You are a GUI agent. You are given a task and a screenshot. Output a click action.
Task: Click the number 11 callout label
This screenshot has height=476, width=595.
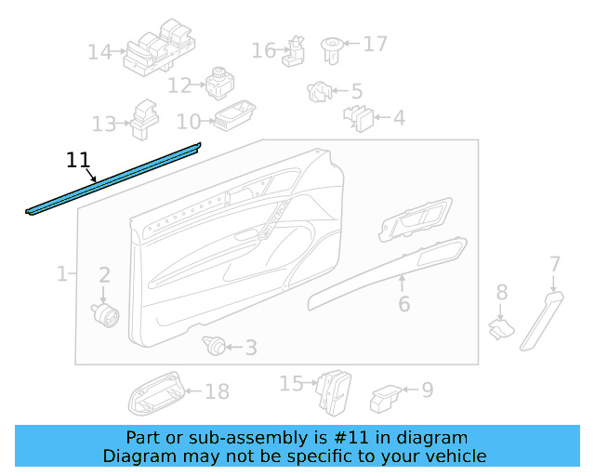[x=80, y=160]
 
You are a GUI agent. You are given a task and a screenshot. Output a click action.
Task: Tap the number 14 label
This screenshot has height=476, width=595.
[x=99, y=52]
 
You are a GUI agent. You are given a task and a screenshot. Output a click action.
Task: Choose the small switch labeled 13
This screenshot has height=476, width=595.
[x=143, y=115]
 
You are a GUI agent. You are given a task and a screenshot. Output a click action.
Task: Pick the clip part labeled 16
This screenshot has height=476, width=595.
[x=295, y=52]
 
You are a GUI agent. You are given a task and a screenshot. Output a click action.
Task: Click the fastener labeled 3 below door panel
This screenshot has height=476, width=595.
[x=216, y=348]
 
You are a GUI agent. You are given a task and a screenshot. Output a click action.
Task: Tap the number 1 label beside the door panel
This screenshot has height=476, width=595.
[x=61, y=274]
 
